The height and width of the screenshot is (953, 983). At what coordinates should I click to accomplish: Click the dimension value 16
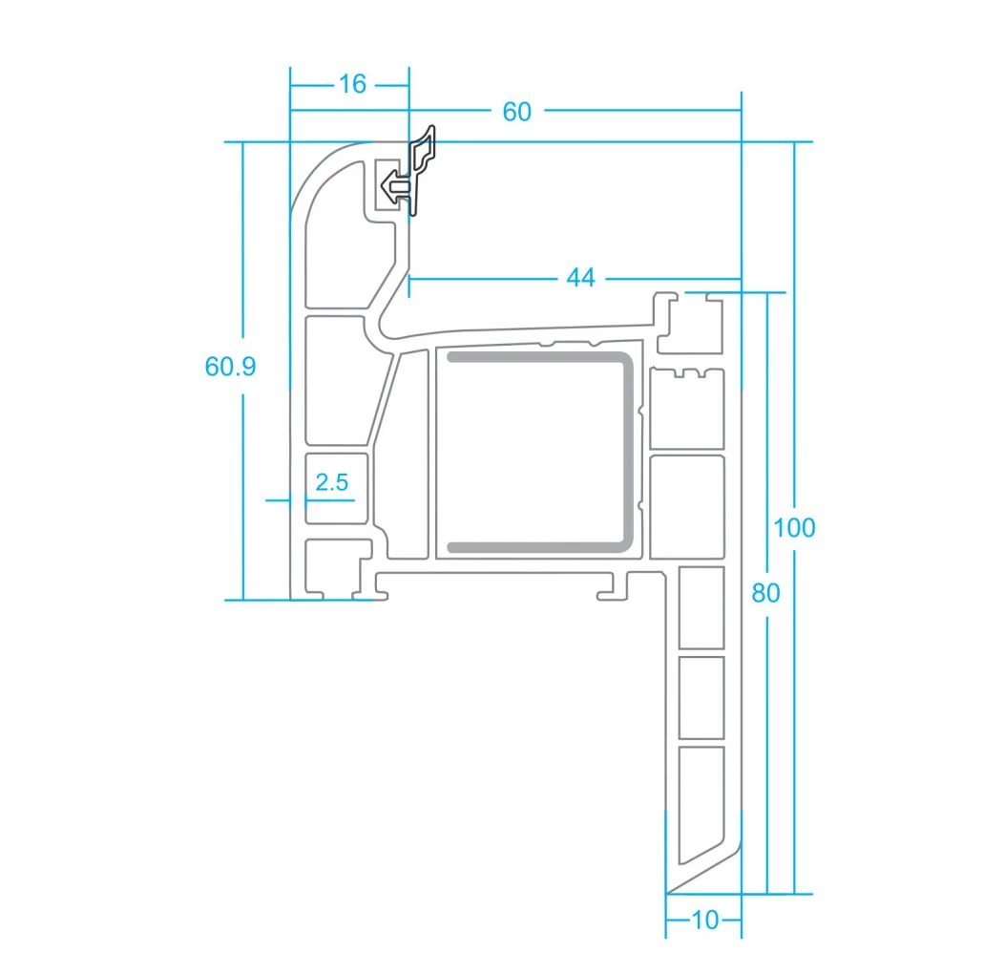[x=352, y=84]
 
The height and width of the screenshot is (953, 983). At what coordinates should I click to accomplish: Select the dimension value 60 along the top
[x=517, y=112]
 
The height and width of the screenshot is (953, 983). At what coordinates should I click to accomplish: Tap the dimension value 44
[x=580, y=277]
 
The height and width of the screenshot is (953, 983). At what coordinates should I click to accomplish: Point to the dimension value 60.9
[x=231, y=367]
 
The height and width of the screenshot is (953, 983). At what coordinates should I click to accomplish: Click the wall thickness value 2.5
[x=331, y=482]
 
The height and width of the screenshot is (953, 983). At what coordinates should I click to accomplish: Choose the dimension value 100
[x=794, y=528]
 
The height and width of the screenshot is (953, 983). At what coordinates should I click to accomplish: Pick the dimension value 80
[x=765, y=593]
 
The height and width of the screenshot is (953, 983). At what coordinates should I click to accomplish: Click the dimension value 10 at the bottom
[x=704, y=921]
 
